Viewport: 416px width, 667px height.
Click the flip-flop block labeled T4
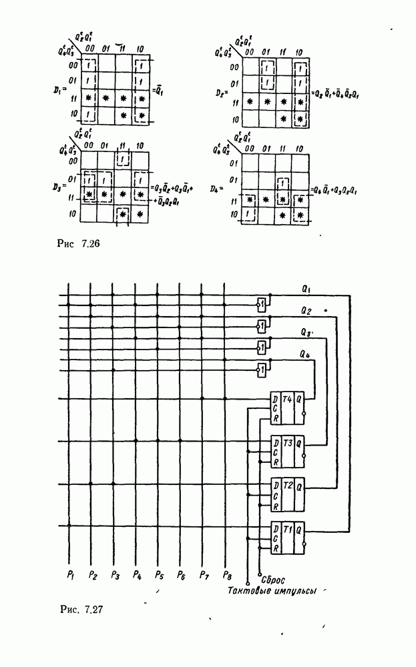point(287,407)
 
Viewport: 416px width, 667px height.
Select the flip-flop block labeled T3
point(287,451)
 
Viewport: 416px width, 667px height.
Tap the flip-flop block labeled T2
point(287,494)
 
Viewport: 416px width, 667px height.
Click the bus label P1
point(69,574)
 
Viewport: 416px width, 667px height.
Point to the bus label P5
point(158,574)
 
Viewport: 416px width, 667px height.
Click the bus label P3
point(114,574)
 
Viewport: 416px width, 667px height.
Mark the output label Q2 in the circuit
point(306,311)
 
